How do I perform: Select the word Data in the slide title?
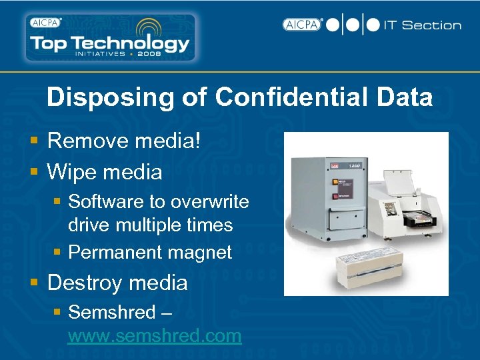[404, 97]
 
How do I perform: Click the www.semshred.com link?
[155, 335]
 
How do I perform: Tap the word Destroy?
[85, 283]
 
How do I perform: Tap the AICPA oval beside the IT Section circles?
[302, 25]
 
